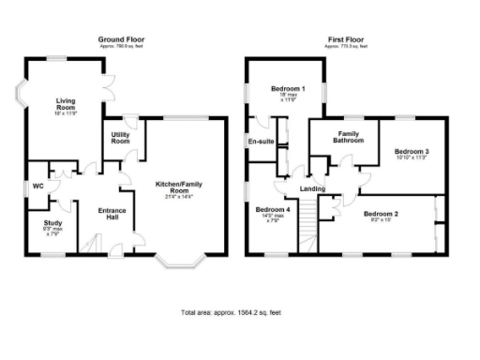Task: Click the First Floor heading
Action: coord(346,39)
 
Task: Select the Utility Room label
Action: coord(120,138)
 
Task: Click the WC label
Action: coord(37,186)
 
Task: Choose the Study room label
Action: coord(52,222)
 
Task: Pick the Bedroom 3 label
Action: coord(412,151)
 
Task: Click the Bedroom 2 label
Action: coord(382,215)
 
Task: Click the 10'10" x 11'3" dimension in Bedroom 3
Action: coord(412,158)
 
